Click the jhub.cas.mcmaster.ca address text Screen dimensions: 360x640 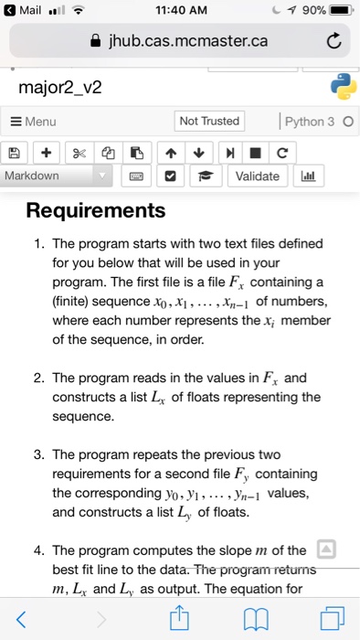pos(188,40)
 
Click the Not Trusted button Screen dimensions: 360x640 pos(209,121)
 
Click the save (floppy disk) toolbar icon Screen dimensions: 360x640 pos(15,151)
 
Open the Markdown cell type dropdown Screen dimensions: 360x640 pos(57,176)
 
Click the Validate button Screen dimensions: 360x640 pos(257,176)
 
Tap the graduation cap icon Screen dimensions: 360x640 pos(206,176)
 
